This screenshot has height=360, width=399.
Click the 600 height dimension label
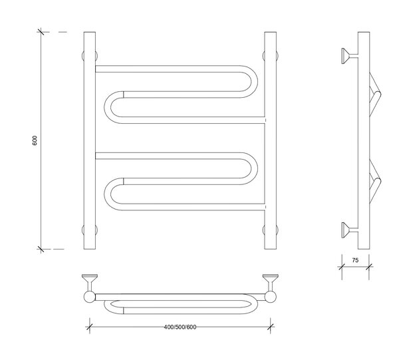click(x=35, y=140)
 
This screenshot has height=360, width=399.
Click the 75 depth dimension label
click(x=355, y=260)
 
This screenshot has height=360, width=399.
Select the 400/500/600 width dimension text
click(x=180, y=327)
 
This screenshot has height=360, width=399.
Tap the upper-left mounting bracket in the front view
click(x=90, y=56)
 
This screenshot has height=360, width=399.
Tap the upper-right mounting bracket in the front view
click(x=270, y=56)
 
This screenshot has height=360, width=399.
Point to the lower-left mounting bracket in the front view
click(x=90, y=230)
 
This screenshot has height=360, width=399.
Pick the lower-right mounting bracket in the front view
click(x=270, y=230)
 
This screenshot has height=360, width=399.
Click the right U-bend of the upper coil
click(x=254, y=81)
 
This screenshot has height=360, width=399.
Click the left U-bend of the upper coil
click(x=107, y=107)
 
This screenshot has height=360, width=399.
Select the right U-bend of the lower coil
click(x=254, y=168)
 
